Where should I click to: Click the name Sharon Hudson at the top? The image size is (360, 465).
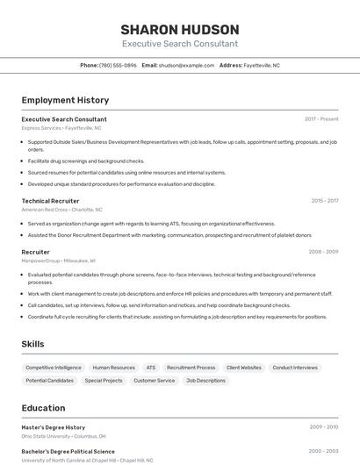tap(179, 29)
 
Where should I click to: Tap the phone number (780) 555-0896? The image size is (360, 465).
tap(118, 65)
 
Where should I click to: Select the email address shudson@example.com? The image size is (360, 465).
tap(186, 65)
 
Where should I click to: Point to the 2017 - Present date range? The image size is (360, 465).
tap(321, 119)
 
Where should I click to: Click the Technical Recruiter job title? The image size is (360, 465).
tap(50, 201)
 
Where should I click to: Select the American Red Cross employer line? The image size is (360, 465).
tap(61, 210)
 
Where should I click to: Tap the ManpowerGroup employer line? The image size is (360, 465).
tap(59, 261)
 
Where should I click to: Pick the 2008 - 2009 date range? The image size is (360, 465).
tap(323, 252)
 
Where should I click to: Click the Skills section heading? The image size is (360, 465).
tap(32, 345)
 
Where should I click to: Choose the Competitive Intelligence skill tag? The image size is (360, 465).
tap(54, 368)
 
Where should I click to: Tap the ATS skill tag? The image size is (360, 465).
tap(151, 368)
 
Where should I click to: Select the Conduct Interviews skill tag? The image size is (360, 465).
tap(295, 368)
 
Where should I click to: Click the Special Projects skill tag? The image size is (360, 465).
tap(104, 381)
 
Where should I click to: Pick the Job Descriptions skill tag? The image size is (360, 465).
tap(205, 381)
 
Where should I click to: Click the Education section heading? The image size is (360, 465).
tap(43, 408)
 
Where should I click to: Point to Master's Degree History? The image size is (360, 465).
tap(54, 427)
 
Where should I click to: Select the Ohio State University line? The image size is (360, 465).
tap(64, 436)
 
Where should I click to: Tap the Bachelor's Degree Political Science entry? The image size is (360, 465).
tap(68, 452)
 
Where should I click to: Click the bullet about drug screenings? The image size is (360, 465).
tap(86, 161)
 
